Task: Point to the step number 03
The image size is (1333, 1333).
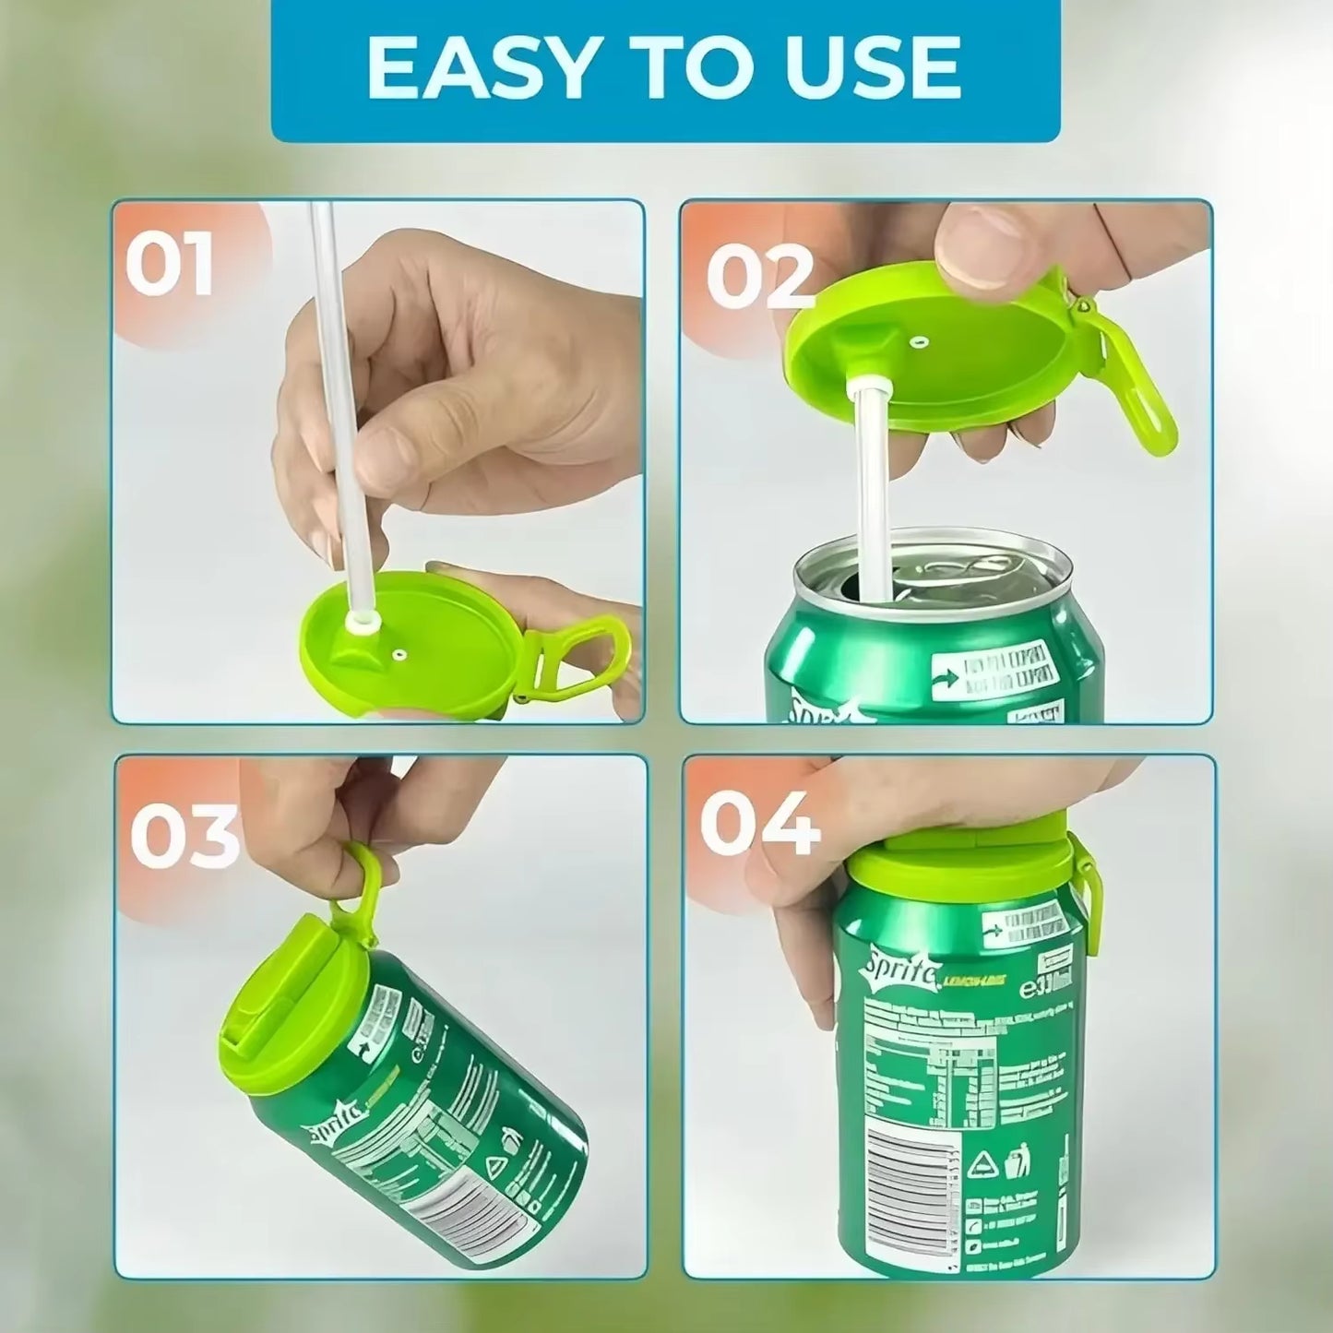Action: coord(184,835)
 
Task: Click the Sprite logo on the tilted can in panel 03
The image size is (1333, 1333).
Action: coord(341,1125)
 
